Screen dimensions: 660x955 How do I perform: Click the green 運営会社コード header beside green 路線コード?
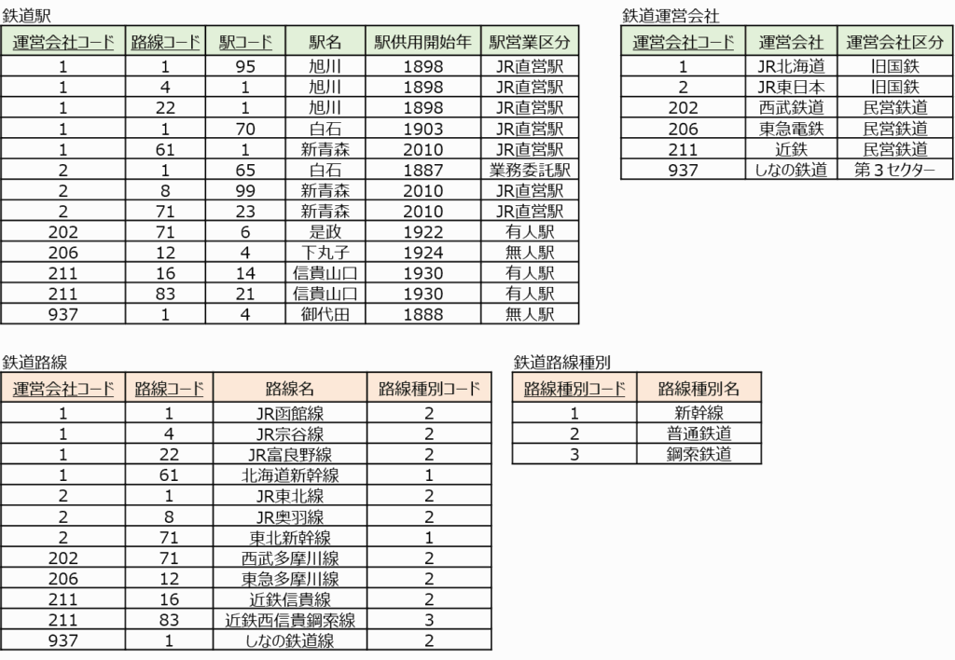click(63, 42)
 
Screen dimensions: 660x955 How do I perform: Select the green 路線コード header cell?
click(165, 42)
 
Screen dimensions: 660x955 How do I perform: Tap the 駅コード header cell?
click(245, 42)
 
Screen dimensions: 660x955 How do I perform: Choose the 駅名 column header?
click(325, 42)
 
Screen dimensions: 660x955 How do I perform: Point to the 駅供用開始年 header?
click(422, 42)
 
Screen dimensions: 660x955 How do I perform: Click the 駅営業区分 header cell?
click(530, 42)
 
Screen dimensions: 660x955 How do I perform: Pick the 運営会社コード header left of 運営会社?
click(684, 42)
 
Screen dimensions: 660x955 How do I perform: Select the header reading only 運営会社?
click(791, 42)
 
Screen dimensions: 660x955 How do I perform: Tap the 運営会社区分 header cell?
click(895, 42)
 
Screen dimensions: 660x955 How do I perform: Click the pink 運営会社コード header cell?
click(63, 389)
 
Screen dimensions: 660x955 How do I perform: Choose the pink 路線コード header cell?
click(169, 389)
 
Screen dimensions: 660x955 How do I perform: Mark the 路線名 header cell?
click(290, 389)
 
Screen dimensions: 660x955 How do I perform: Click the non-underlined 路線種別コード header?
click(429, 389)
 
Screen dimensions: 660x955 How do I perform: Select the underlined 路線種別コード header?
click(574, 389)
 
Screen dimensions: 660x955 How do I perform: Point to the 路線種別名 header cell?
click(699, 389)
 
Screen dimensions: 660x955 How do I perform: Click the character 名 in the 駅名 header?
click(334, 42)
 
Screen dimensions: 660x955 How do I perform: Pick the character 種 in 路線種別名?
click(699, 389)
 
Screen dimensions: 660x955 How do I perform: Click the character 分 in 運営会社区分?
click(936, 42)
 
